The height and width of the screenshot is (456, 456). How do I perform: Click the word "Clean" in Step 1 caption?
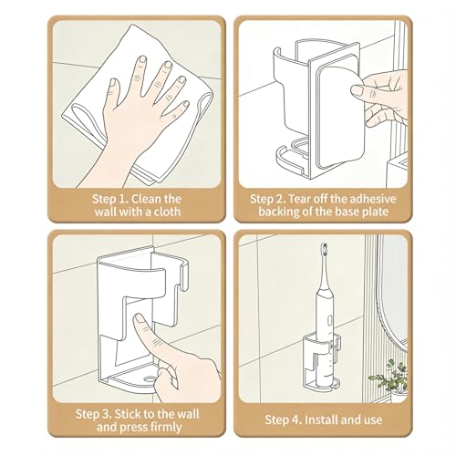pos(147,199)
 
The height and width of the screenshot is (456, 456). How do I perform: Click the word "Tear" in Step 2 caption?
pos(299,199)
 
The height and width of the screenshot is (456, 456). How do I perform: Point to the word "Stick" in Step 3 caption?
pos(128,414)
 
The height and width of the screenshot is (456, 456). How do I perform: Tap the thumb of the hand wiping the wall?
pos(114,88)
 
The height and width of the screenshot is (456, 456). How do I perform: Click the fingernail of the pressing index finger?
pos(140,318)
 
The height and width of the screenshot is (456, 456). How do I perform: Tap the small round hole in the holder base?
pos(149,378)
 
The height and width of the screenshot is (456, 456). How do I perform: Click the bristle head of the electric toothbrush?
pos(325,249)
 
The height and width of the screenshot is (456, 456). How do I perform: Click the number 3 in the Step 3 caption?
pos(105,414)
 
